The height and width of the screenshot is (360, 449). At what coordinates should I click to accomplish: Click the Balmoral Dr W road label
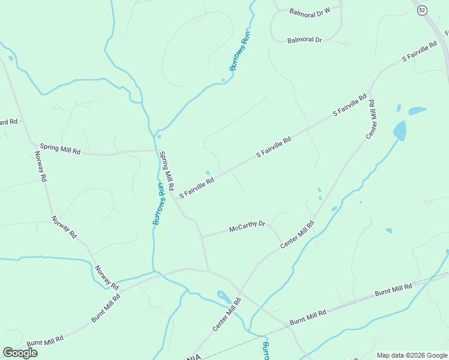pos(310,11)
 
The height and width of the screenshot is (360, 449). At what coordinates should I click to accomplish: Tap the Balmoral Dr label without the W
pos(304,40)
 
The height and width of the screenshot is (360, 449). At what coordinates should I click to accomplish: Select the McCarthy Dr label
pos(247,227)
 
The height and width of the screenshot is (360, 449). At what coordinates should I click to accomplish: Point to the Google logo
pos(20,353)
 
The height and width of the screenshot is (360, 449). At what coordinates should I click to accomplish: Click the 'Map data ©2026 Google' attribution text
pos(412,355)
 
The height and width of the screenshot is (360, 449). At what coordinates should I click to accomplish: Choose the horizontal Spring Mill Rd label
pos(60,148)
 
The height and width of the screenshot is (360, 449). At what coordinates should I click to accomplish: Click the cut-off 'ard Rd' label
pos(8,122)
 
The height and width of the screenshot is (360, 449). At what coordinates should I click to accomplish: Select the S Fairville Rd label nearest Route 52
pos(420,52)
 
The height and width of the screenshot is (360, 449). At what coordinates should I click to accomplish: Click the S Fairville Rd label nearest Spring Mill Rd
pos(197,188)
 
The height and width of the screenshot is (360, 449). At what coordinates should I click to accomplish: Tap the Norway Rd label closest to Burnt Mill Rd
pos(106,277)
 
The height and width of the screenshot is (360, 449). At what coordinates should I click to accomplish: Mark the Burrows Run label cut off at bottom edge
pos(266,351)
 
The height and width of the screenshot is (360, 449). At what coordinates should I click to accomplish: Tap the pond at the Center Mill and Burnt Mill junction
pos(223,296)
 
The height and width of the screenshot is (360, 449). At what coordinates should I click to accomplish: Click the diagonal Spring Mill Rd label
pos(166,170)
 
